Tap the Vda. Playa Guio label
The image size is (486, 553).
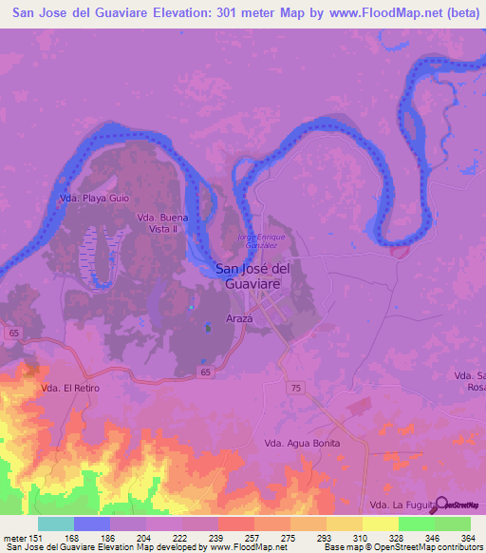[94, 199]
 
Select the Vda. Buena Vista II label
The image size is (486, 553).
[163, 223]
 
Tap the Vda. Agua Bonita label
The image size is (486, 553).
[302, 443]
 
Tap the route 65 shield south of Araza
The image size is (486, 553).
[207, 373]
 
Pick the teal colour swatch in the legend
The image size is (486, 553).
[55, 524]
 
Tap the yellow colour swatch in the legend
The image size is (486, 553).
[380, 524]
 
